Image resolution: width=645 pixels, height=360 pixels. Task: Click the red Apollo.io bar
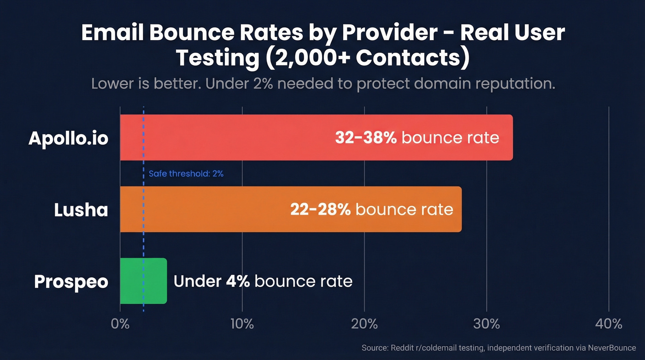click(x=230, y=137)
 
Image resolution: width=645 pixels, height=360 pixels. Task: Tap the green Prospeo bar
click(x=143, y=281)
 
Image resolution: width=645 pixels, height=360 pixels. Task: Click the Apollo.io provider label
click(x=68, y=138)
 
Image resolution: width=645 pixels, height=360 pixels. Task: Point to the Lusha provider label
click(x=81, y=210)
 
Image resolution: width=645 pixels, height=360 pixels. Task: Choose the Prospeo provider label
click(x=71, y=282)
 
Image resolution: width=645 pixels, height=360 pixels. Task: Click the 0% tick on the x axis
click(x=120, y=324)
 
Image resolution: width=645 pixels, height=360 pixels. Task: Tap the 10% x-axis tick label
click(x=242, y=324)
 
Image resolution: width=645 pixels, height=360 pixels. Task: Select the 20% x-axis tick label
click(x=364, y=324)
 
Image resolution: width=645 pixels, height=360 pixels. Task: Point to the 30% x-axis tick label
click(x=487, y=324)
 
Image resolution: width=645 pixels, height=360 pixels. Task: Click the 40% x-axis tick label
click(x=609, y=324)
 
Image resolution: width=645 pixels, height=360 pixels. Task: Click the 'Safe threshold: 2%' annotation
click(x=186, y=174)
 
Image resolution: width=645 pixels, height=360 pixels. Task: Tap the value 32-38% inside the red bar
click(x=366, y=137)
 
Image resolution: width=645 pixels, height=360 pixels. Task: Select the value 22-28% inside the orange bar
click(x=320, y=209)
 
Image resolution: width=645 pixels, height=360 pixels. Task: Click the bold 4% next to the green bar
click(x=238, y=281)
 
